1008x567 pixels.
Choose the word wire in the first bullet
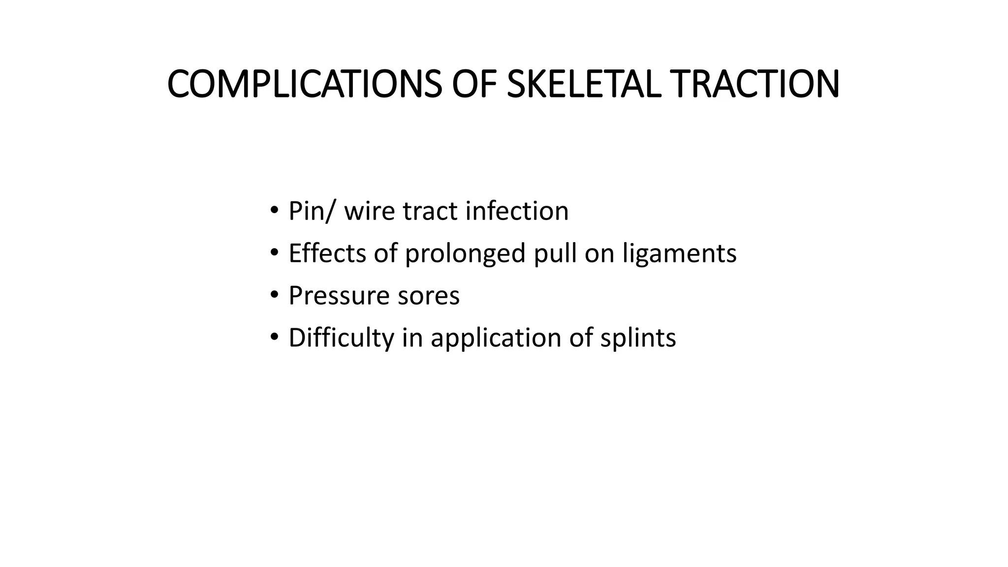coord(370,211)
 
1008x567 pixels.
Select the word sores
coord(429,296)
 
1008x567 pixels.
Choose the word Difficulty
coord(342,338)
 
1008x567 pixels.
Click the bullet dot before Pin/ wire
coord(274,211)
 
